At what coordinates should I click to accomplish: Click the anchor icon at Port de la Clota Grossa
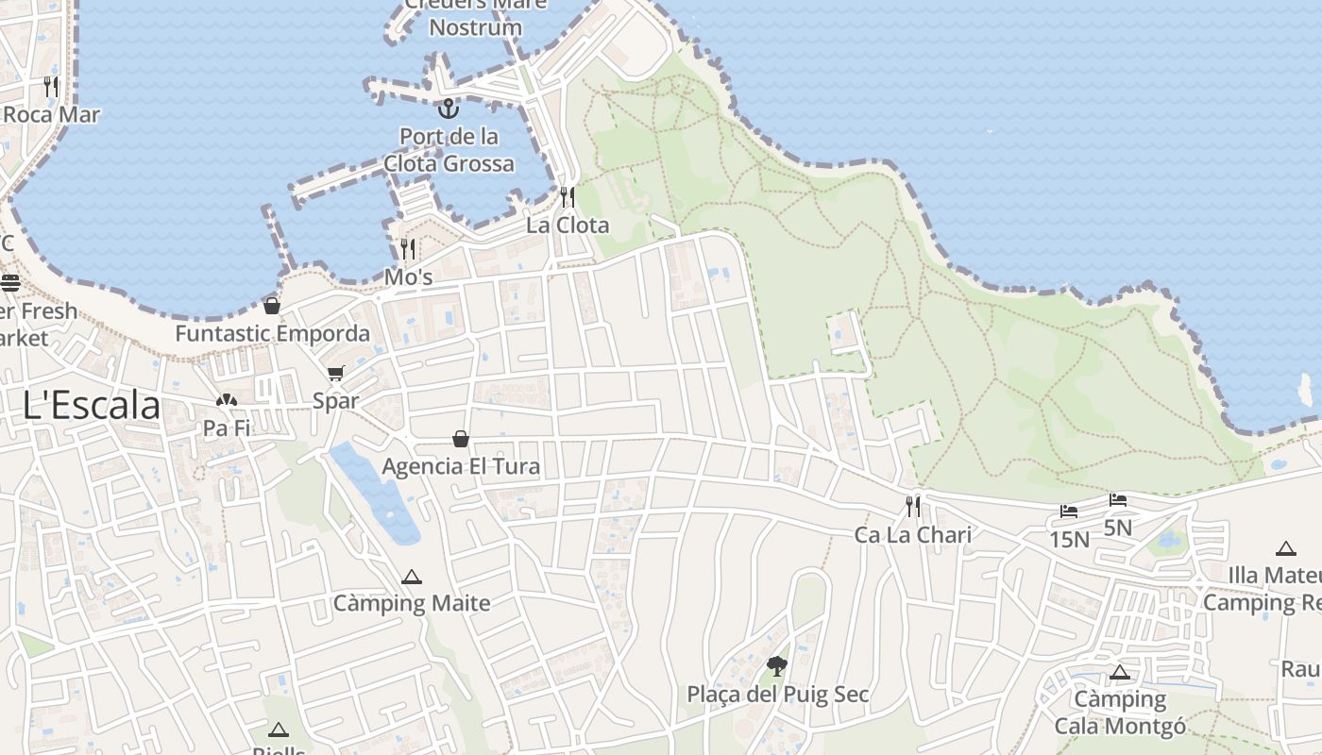449,108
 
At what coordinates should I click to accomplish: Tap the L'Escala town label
92,406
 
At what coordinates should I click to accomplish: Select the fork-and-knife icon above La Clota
568,197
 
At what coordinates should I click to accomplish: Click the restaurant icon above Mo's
409,249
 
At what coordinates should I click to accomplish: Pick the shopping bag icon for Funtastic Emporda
272,306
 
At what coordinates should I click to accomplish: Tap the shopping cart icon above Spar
336,374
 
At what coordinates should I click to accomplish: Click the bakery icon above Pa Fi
226,401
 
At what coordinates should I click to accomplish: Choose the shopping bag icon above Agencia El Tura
461,439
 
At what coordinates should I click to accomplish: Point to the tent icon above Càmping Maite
411,577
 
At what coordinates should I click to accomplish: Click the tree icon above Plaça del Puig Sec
777,667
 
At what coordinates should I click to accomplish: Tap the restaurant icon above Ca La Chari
913,507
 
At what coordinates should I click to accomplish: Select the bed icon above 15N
1069,512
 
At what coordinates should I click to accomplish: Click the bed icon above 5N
1118,499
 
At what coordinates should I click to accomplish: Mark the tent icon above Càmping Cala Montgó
1120,673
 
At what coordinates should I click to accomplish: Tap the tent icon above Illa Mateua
1285,548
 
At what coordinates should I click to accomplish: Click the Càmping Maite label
412,603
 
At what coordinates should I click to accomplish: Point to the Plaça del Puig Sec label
777,695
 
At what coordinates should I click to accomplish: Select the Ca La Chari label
912,535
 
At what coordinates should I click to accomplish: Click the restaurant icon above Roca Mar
51,87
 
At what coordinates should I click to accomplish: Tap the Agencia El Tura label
461,466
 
